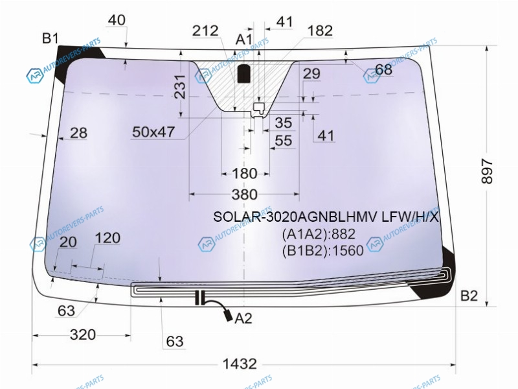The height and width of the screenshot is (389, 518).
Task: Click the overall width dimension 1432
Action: [240, 364]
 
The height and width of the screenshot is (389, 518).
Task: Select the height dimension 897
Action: [488, 171]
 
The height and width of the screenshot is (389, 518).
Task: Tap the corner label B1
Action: [51, 38]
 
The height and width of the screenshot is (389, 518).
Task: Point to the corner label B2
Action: [469, 296]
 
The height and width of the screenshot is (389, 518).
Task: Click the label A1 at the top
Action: [244, 40]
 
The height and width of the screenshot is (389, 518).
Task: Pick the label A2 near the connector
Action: [243, 318]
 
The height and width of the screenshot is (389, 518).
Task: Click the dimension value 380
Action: [245, 194]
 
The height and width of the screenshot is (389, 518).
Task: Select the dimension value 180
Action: [245, 173]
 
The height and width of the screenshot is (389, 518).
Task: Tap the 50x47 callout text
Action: [153, 132]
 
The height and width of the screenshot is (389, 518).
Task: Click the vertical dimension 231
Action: [181, 87]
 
